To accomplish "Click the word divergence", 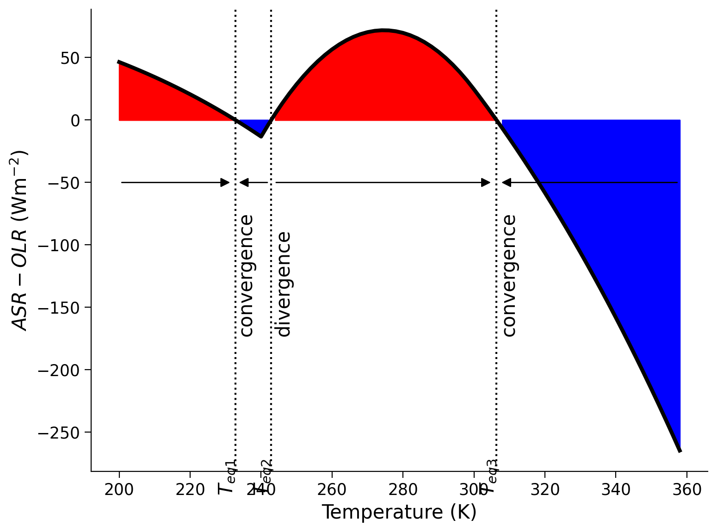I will click(x=283, y=284).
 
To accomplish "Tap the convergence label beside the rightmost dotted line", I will click(x=509, y=276).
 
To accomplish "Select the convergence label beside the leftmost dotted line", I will click(x=247, y=276).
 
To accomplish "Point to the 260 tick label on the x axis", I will click(x=332, y=490).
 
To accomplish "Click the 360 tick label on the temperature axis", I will click(x=686, y=490).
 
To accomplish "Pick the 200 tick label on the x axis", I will click(x=119, y=490).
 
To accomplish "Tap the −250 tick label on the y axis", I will click(x=64, y=433).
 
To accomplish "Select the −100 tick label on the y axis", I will click(x=64, y=245).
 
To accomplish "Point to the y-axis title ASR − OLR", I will click(x=20, y=241).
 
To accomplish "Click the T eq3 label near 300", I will click(x=489, y=476).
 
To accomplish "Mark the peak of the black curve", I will click(x=384, y=31).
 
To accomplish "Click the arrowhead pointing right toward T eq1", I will click(x=225, y=182).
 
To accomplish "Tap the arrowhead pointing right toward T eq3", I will click(x=486, y=182).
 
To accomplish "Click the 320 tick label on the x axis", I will click(x=544, y=490).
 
